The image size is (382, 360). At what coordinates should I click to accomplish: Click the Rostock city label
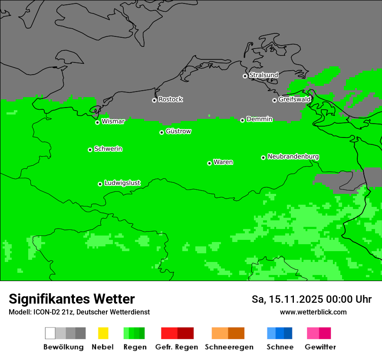[x=170, y=99]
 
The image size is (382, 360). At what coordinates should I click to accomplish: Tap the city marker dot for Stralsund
[x=245, y=76]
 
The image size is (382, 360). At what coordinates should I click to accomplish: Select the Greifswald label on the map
[x=294, y=99]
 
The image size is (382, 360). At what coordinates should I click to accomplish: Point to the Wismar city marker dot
[x=98, y=122]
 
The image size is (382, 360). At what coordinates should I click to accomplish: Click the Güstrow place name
[x=178, y=131]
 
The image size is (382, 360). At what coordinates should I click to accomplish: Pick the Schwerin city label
[x=108, y=149]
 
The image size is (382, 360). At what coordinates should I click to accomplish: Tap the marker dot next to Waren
[x=209, y=163]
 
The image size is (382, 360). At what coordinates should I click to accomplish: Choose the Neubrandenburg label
[x=293, y=157]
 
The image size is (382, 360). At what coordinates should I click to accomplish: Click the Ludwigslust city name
[x=122, y=183]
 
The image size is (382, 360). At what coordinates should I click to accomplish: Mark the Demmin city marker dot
[x=242, y=120]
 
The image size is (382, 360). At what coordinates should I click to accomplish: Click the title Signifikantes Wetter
[x=72, y=299]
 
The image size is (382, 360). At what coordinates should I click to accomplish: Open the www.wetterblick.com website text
[x=313, y=312]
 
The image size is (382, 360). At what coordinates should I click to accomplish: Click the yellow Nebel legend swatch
[x=103, y=333]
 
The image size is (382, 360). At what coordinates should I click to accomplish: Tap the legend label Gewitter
[x=320, y=347]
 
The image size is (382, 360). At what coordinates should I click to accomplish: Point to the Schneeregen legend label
[x=229, y=347]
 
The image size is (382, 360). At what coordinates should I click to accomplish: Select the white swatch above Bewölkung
[x=50, y=333]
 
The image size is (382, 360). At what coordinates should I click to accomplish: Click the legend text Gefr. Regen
[x=177, y=347]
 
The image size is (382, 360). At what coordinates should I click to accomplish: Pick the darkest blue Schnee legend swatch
[x=288, y=333]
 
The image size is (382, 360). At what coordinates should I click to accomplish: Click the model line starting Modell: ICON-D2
[x=79, y=312]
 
